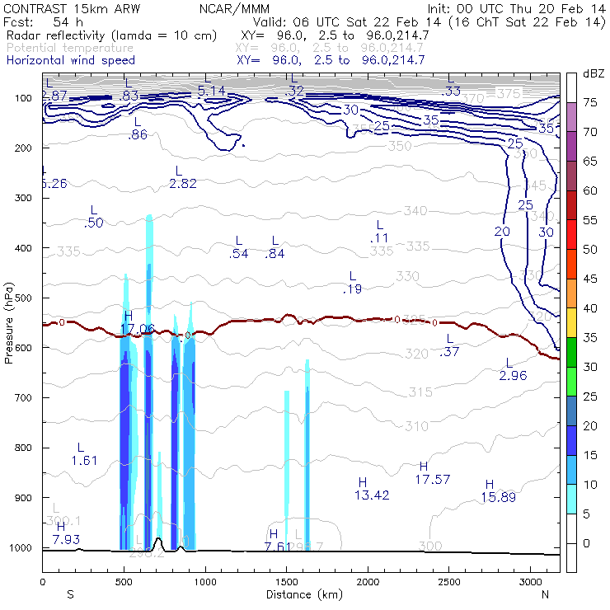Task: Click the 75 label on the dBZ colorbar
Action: click(x=589, y=102)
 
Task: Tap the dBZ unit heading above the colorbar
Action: click(x=593, y=73)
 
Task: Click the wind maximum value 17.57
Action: click(x=432, y=479)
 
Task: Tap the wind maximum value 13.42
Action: click(x=372, y=495)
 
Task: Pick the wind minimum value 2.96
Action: click(x=513, y=376)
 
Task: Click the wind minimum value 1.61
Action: click(x=84, y=460)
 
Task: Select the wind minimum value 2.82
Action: click(x=182, y=183)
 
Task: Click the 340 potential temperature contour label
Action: click(x=415, y=211)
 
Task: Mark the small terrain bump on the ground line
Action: click(x=158, y=542)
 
